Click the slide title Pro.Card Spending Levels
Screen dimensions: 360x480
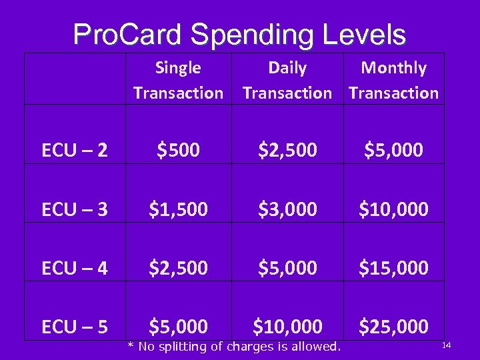coord(239,35)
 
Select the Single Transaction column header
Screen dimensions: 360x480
coord(178,80)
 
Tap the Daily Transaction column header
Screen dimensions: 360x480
coord(287,80)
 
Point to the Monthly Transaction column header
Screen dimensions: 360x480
coord(393,80)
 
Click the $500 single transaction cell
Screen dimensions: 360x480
coord(178,151)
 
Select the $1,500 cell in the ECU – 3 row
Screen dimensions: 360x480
coord(178,209)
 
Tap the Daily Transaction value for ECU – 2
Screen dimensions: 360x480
coord(287,151)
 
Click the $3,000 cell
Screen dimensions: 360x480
coord(287,209)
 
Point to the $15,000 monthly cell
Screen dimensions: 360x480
coord(393,268)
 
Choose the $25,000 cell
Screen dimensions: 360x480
coord(393,327)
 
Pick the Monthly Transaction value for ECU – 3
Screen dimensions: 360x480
coord(393,209)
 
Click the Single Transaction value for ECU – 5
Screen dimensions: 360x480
coord(178,327)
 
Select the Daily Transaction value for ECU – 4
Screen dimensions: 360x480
coord(287,268)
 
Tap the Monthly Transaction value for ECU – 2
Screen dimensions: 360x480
coord(393,151)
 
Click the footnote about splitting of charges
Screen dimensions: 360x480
coord(234,346)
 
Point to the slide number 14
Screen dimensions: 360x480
coord(447,345)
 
